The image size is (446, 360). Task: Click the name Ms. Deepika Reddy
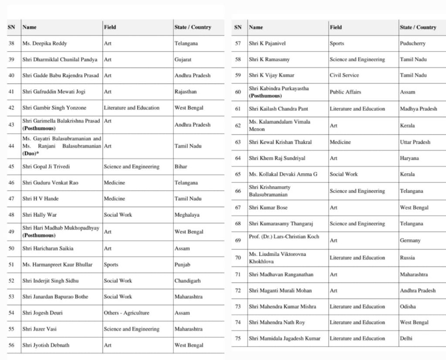(44, 44)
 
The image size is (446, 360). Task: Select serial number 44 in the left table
(11, 146)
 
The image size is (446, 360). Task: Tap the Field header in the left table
(110, 27)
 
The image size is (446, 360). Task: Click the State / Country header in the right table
(418, 27)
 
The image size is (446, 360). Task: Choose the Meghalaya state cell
(187, 215)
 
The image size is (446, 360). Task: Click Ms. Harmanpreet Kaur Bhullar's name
(52, 264)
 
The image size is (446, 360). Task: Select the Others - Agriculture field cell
(126, 313)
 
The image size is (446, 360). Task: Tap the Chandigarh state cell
(188, 281)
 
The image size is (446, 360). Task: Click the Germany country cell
(410, 240)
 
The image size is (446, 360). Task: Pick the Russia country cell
(407, 258)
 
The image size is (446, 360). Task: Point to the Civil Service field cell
(344, 75)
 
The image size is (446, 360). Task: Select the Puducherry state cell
(412, 44)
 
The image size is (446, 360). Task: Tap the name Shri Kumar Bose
(268, 208)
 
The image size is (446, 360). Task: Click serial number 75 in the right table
(238, 338)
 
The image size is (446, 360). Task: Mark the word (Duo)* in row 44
(31, 154)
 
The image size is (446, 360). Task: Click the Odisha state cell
(408, 306)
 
